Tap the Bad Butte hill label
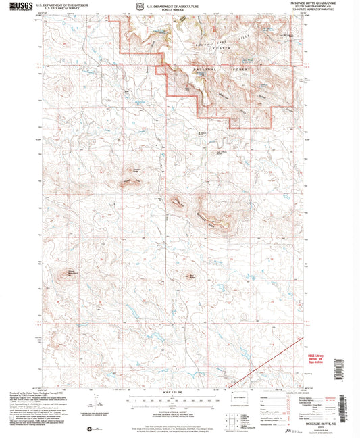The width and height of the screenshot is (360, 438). [191, 276]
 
